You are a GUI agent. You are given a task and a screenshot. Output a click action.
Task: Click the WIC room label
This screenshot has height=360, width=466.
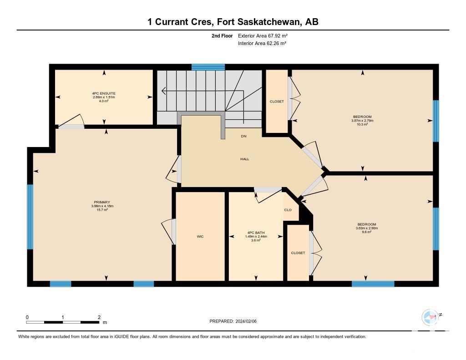coord(200,237)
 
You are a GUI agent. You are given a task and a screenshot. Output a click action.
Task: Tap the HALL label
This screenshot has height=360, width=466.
coord(244,159)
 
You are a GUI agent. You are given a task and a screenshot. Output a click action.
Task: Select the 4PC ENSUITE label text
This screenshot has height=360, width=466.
coord(104,93)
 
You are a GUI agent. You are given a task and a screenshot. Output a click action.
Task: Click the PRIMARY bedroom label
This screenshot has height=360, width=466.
coord(102,202)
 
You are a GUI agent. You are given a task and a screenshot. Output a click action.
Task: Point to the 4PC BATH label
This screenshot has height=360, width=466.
coord(256,233)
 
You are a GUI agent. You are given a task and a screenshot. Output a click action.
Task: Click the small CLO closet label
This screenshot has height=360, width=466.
coord(288,210)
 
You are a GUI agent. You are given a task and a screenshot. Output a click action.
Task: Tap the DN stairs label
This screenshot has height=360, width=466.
coord(244,136)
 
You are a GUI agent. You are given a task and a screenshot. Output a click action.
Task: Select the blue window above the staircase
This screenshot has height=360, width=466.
coord(208,67)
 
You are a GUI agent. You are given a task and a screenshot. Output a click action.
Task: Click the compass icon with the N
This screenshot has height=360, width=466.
coord(431,317)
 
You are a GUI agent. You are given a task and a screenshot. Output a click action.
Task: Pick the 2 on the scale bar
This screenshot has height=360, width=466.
coord(99,317)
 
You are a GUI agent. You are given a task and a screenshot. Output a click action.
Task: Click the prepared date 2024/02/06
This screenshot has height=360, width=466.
coord(246,321)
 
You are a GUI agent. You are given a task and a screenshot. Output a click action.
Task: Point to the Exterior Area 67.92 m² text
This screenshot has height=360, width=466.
coord(263,35)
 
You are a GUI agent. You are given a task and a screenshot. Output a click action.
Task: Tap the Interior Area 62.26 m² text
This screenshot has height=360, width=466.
coord(262,43)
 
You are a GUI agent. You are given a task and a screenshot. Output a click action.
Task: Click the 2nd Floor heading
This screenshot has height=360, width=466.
coord(222,35)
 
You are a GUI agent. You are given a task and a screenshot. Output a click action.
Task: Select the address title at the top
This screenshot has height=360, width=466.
coord(233,22)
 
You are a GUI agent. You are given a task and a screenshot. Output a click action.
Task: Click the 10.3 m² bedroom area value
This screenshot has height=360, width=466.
coord(362,124)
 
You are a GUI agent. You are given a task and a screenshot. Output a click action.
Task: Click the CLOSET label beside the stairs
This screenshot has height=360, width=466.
coord(277,101)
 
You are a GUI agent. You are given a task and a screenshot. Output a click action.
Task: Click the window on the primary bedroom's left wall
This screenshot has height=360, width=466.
coord(30,217)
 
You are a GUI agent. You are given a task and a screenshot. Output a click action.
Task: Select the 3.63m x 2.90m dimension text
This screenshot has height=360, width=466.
coord(367,228)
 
